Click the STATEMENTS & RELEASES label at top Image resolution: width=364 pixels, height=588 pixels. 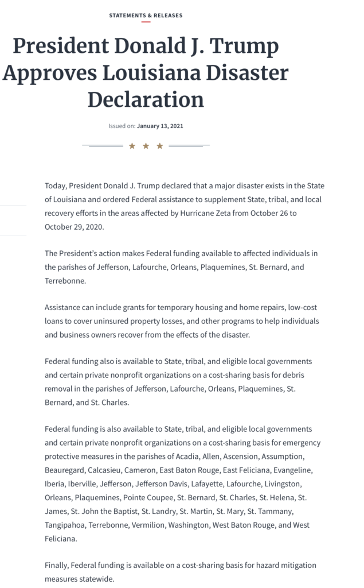(146, 16)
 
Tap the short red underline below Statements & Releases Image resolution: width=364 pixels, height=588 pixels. (146, 22)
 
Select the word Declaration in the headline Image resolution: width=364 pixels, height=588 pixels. (146, 100)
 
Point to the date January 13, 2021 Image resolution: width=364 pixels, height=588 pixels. (160, 126)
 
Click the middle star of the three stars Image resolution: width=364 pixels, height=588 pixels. (146, 146)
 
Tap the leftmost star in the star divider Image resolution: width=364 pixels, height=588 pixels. (132, 146)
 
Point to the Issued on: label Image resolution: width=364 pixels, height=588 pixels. (122, 126)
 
